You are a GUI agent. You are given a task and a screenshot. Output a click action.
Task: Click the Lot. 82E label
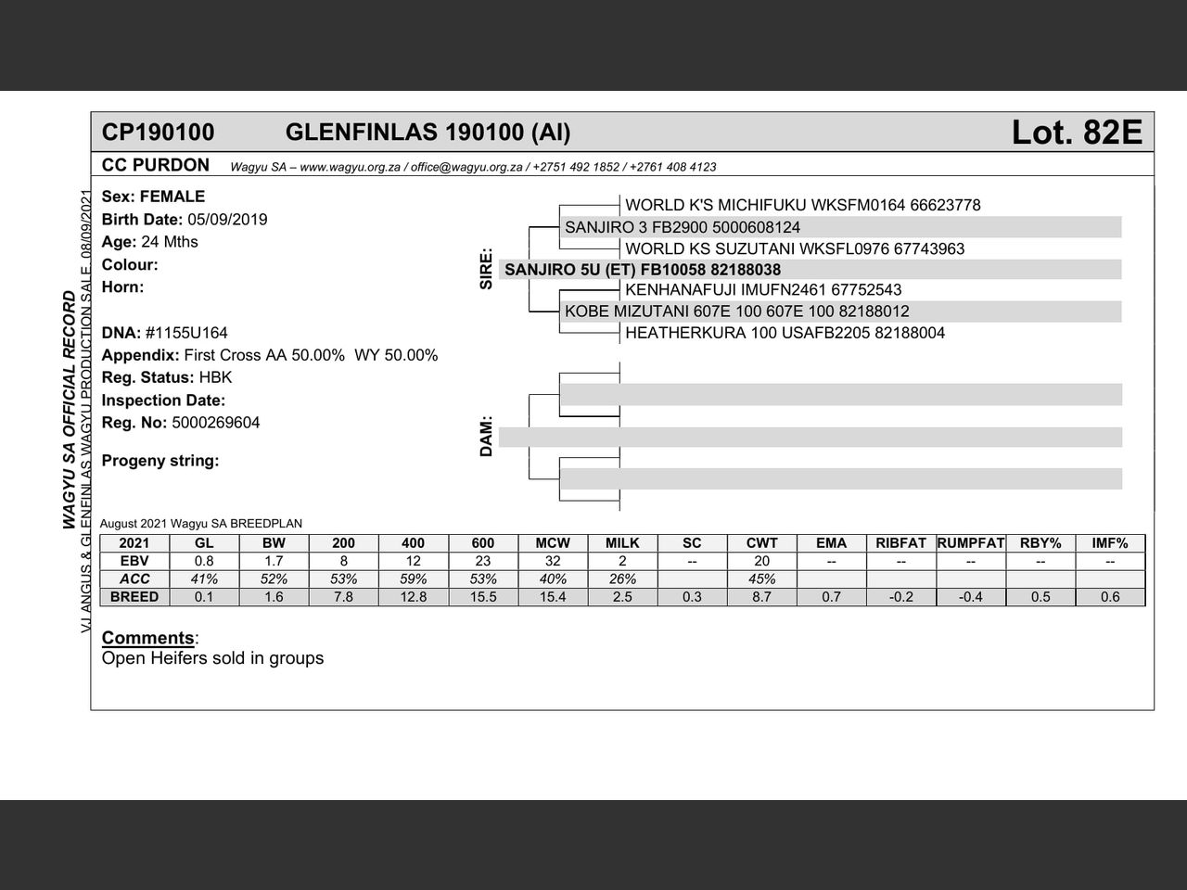click(1077, 133)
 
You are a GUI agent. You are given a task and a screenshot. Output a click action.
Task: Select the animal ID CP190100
click(158, 133)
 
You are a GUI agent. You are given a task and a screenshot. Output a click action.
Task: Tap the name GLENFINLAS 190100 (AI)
click(428, 133)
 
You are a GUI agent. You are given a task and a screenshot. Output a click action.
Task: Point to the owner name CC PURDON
click(156, 166)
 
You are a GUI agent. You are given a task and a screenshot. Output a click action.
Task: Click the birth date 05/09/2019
click(227, 220)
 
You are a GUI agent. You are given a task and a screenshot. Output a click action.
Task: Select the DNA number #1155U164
click(186, 333)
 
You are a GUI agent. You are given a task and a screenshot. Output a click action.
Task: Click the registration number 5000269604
click(216, 423)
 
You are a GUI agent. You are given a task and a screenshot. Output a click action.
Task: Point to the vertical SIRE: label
click(486, 269)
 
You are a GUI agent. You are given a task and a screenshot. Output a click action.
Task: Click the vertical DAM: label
click(486, 436)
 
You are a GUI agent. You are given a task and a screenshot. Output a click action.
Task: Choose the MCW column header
click(553, 543)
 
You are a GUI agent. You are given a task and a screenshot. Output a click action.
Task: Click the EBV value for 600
click(483, 561)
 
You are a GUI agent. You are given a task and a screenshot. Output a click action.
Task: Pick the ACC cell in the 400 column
click(414, 579)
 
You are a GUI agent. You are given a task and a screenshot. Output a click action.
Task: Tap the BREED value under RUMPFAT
click(971, 597)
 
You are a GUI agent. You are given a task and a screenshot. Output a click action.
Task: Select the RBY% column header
click(1040, 543)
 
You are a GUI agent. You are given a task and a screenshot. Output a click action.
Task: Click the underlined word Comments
click(147, 638)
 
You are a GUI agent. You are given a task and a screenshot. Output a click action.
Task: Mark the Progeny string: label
click(160, 461)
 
